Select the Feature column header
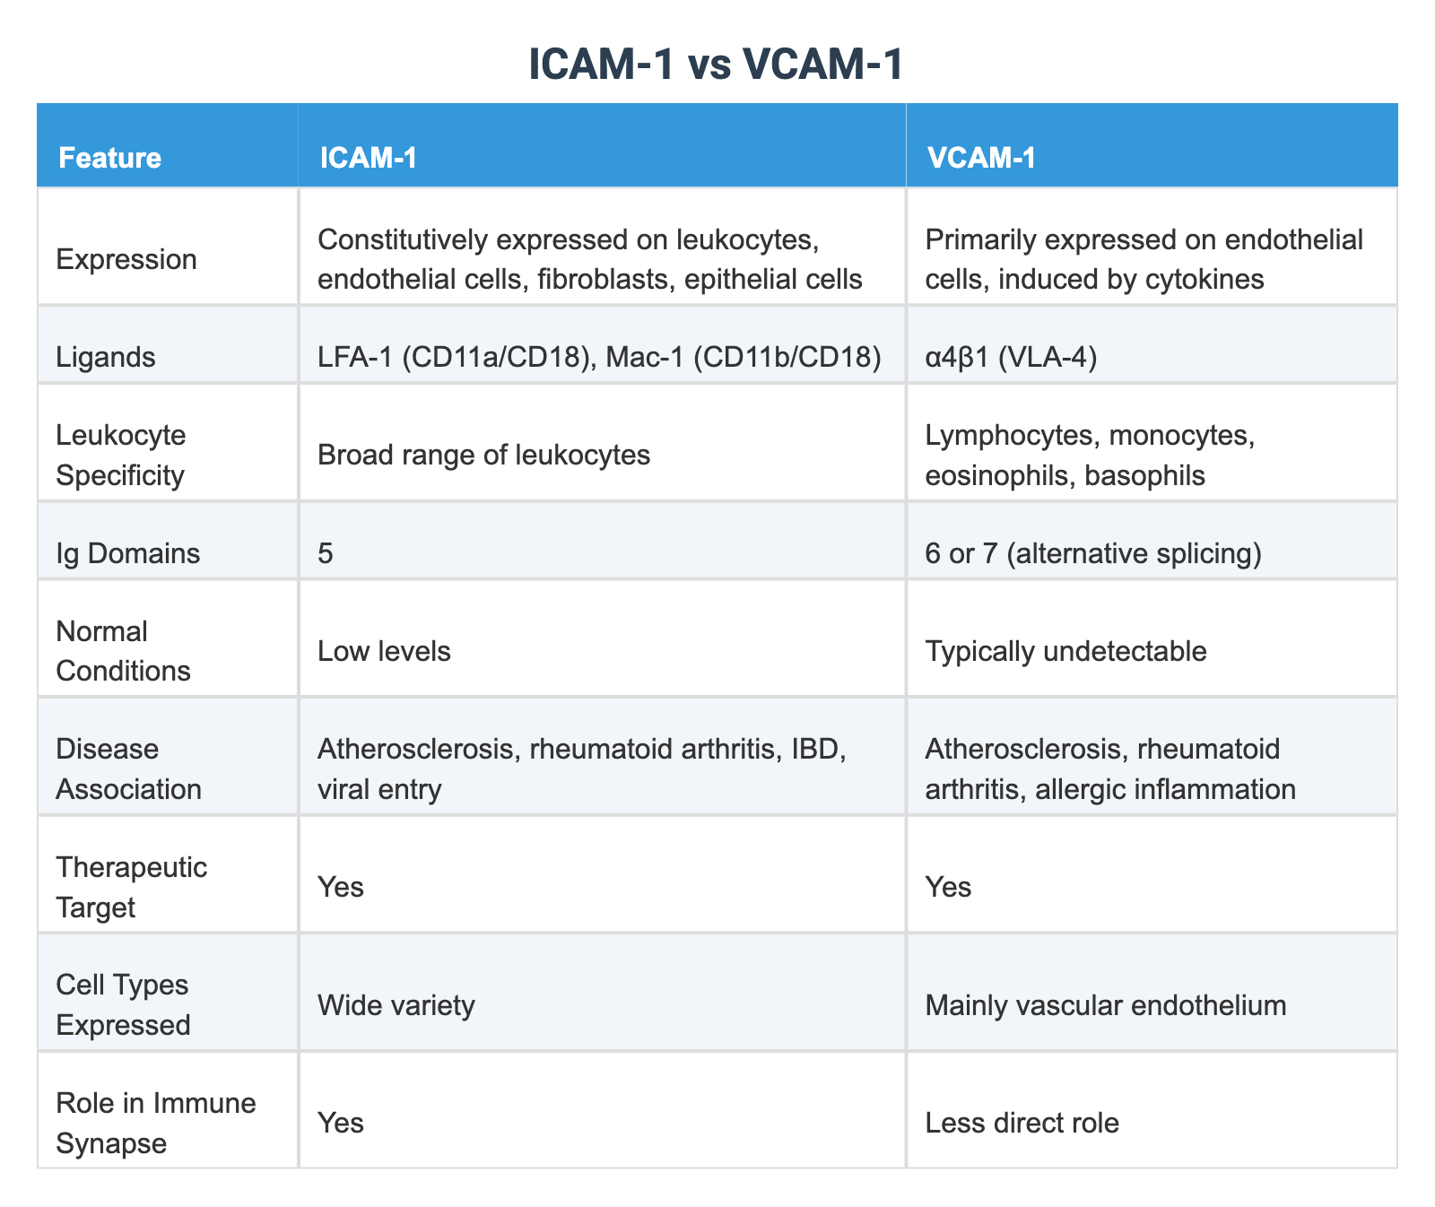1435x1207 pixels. click(x=109, y=158)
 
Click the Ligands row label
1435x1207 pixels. click(x=106, y=358)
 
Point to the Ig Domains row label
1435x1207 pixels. click(x=127, y=553)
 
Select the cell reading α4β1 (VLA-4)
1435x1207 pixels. click(x=1011, y=358)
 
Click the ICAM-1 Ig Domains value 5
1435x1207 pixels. click(x=326, y=553)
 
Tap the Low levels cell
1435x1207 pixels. click(x=384, y=651)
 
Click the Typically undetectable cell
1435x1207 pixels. click(x=1065, y=651)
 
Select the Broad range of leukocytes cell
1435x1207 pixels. click(x=483, y=456)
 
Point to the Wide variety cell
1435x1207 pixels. click(x=396, y=1005)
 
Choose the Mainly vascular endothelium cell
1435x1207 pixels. click(x=1105, y=1005)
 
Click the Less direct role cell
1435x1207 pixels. click(x=1022, y=1123)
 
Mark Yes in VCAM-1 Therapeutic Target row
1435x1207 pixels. click(x=948, y=887)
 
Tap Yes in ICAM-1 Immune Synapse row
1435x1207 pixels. click(x=341, y=1123)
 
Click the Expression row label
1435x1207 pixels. click(x=126, y=260)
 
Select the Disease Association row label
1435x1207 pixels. click(x=128, y=769)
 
